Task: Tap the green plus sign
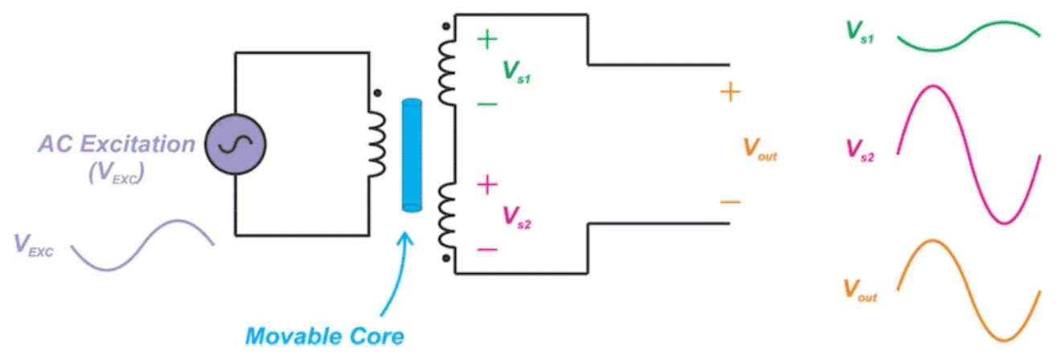pos(488,40)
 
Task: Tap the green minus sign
pos(487,104)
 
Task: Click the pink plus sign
pos(487,186)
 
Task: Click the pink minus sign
pos(487,249)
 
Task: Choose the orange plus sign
pos(730,92)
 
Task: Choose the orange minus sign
pos(730,202)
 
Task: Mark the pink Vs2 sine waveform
pos(969,153)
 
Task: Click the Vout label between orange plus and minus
pos(760,148)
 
